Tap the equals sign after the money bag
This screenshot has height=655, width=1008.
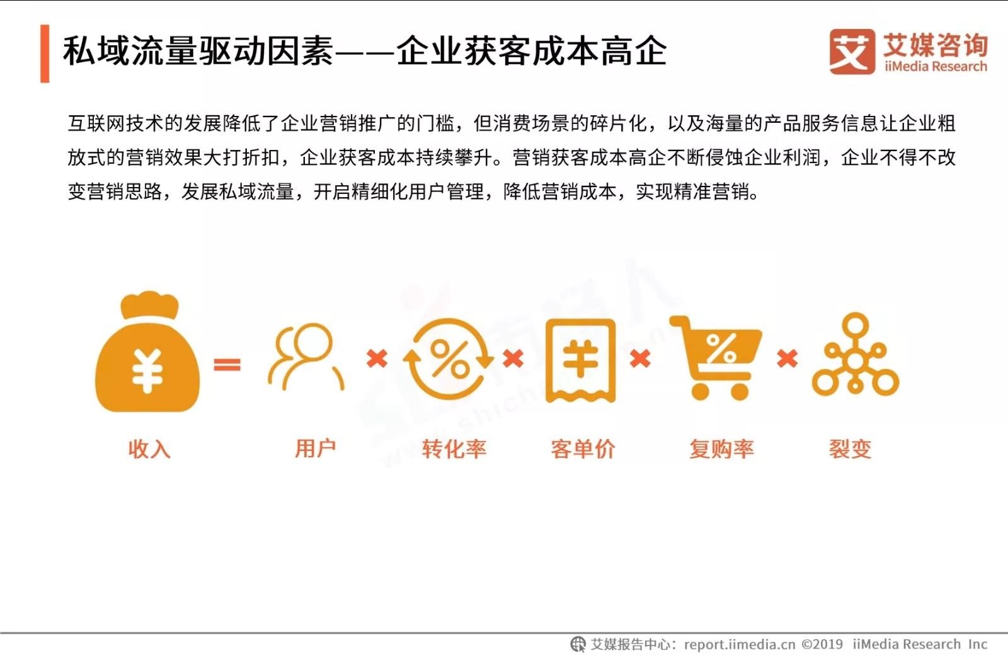[227, 364]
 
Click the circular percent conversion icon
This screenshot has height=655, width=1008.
[449, 358]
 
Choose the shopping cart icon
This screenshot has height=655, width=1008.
[716, 358]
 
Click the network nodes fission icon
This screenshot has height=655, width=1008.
[856, 355]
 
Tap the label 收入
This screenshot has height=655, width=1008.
[149, 449]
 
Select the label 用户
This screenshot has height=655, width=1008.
[316, 448]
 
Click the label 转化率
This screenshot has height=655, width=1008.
[454, 449]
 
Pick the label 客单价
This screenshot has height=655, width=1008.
[583, 449]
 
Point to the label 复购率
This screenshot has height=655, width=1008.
[721, 449]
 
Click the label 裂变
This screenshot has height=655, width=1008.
[850, 449]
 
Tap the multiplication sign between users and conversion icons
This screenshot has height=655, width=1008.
[377, 358]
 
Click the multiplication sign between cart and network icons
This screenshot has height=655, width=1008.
[787, 358]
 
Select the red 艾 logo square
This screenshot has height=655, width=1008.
[852, 51]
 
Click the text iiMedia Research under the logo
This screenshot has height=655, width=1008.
[936, 67]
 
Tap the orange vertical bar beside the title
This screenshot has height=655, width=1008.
[45, 54]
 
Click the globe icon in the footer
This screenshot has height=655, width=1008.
[578, 644]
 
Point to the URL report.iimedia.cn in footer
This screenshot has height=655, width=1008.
[740, 644]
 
